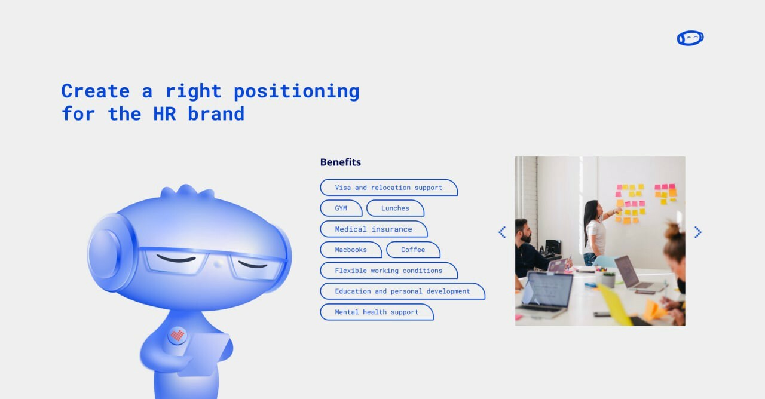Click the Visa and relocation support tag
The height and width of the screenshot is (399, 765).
[388, 188]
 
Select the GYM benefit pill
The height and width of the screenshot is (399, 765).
[341, 208]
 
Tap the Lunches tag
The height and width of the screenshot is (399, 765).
[395, 208]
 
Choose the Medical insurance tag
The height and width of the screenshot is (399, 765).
[374, 229]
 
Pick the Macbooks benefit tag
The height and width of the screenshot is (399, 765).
[351, 250]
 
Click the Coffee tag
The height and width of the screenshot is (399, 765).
[413, 250]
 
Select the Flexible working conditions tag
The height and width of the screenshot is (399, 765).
[388, 271]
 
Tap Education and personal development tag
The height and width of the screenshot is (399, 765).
[402, 291]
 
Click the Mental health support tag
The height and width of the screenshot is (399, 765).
[377, 312]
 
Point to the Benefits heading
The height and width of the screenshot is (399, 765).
[341, 162]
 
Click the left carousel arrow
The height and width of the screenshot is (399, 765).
[502, 232]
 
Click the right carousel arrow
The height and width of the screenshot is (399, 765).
[697, 232]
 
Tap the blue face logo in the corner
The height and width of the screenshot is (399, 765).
[690, 38]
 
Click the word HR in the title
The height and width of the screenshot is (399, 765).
[164, 113]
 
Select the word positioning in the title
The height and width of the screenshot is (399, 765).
[296, 91]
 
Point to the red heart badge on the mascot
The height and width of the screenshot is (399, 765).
[178, 335]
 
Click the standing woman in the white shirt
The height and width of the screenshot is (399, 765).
[596, 233]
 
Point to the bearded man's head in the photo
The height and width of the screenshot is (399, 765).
[524, 231]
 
